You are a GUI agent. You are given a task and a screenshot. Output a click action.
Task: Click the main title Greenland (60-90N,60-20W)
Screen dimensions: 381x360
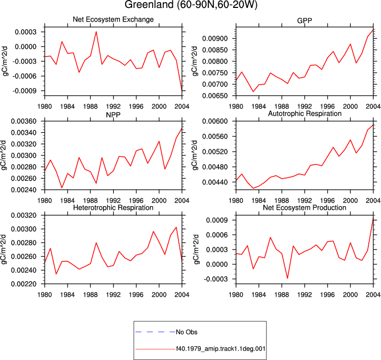tap(191, 4)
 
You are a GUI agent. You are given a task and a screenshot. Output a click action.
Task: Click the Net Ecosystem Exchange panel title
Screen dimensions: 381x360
tap(113, 20)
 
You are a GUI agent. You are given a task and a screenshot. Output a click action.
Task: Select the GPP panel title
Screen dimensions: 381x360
tap(304, 21)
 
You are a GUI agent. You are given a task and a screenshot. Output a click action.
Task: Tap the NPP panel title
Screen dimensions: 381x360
tap(113, 115)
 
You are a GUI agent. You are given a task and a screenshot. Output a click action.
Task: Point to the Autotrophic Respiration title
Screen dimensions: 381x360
tap(305, 114)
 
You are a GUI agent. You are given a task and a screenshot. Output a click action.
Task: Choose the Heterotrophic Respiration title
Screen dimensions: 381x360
tap(113, 208)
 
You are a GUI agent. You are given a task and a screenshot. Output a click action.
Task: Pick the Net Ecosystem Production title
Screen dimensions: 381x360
tap(304, 208)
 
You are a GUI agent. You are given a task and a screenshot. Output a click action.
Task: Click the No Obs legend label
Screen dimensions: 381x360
tap(187, 332)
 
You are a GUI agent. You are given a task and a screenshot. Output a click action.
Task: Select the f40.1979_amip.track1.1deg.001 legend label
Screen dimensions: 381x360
tap(221, 349)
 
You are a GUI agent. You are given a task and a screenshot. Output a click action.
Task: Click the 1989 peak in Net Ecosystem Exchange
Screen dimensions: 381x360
tap(96, 32)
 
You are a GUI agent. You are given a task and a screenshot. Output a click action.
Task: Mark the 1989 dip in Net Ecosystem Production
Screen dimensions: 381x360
tap(287, 278)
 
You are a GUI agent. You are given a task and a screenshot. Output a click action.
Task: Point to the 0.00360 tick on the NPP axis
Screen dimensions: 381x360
tap(24, 121)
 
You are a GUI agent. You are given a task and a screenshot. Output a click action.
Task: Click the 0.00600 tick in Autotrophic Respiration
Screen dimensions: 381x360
tap(215, 121)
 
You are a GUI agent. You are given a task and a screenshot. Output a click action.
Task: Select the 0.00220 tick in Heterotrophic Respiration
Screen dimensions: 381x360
tap(24, 284)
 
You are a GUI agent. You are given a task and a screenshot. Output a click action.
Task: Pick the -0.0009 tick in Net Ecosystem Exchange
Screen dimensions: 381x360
tap(24, 91)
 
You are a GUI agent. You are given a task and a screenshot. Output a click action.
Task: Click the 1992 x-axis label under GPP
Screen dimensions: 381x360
tap(304, 106)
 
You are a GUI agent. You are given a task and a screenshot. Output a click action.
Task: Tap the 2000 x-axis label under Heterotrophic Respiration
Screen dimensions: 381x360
tap(159, 295)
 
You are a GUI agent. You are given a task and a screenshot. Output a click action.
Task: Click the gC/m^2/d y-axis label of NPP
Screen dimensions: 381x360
tap(4, 155)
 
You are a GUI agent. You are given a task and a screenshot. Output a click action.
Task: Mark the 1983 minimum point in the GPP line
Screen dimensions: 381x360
tap(253, 91)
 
